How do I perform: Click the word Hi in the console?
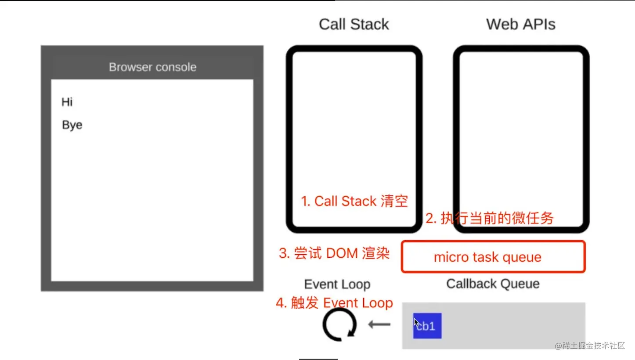(67, 102)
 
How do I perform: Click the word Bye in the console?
(72, 125)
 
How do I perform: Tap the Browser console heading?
(152, 67)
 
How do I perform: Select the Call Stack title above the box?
(354, 24)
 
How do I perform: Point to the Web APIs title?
(521, 24)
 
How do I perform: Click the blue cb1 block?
(427, 326)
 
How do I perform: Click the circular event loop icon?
(339, 324)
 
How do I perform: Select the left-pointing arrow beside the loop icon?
(379, 325)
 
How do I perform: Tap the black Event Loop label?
(337, 284)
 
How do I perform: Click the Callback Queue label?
(493, 284)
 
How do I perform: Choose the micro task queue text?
(487, 257)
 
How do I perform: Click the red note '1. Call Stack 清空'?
(354, 201)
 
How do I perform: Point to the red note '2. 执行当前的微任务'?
(490, 218)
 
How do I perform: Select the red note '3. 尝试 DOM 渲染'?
(334, 253)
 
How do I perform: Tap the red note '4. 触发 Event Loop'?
(334, 303)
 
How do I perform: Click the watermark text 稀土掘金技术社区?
(590, 346)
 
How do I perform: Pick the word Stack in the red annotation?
(359, 201)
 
